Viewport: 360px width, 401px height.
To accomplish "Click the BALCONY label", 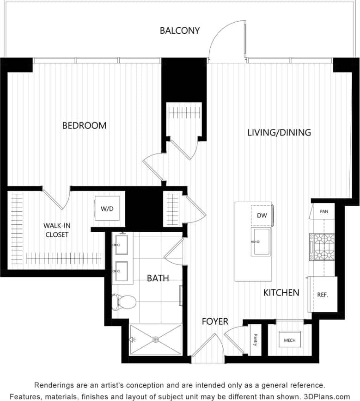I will [x=180, y=31].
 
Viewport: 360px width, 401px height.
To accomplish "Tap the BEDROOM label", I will [x=84, y=125].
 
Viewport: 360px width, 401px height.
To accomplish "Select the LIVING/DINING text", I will [x=279, y=133].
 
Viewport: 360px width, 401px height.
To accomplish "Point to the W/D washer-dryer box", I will [x=107, y=209].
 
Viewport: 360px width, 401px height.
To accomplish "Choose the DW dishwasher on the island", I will [x=262, y=215].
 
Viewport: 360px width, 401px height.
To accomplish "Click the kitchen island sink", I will [x=261, y=241].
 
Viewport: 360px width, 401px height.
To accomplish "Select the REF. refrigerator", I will [x=322, y=294].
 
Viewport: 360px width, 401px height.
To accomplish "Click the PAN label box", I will [x=324, y=211].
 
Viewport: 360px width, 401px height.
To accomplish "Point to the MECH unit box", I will [x=290, y=340].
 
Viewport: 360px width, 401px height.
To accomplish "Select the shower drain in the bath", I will [x=156, y=340].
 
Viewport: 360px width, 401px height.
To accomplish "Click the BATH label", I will [x=158, y=278].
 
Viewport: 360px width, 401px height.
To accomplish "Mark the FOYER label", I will [x=215, y=321].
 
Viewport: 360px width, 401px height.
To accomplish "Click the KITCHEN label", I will [x=281, y=292].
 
